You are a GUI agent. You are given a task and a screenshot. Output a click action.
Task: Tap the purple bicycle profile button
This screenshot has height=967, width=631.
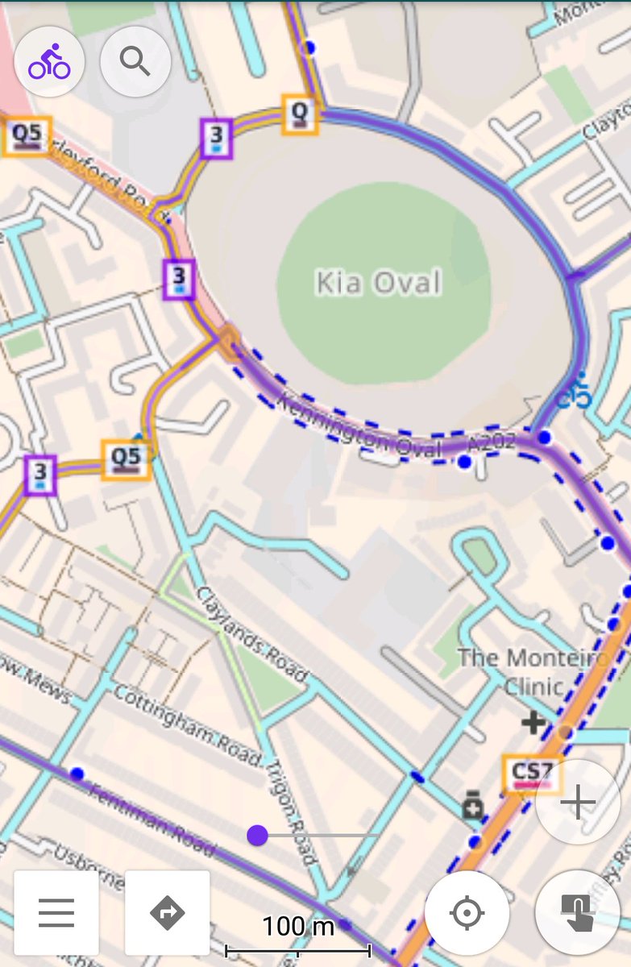[49, 62]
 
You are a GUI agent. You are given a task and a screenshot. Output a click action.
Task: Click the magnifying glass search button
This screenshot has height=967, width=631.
[135, 62]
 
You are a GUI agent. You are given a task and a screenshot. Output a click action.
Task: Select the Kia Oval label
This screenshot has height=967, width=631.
[378, 283]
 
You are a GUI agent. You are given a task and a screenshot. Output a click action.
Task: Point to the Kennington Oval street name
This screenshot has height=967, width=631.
[359, 426]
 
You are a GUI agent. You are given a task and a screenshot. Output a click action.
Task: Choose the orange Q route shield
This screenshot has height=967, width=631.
[300, 114]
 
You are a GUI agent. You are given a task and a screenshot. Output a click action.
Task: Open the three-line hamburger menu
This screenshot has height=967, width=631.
[56, 912]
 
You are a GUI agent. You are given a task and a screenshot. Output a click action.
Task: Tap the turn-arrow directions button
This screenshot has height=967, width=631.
[167, 912]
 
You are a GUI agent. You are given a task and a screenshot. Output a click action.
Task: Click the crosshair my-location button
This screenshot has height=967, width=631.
[467, 913]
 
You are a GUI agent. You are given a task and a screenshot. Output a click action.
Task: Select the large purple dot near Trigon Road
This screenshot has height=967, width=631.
[257, 836]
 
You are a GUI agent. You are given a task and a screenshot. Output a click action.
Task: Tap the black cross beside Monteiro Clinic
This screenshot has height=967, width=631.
[533, 722]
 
